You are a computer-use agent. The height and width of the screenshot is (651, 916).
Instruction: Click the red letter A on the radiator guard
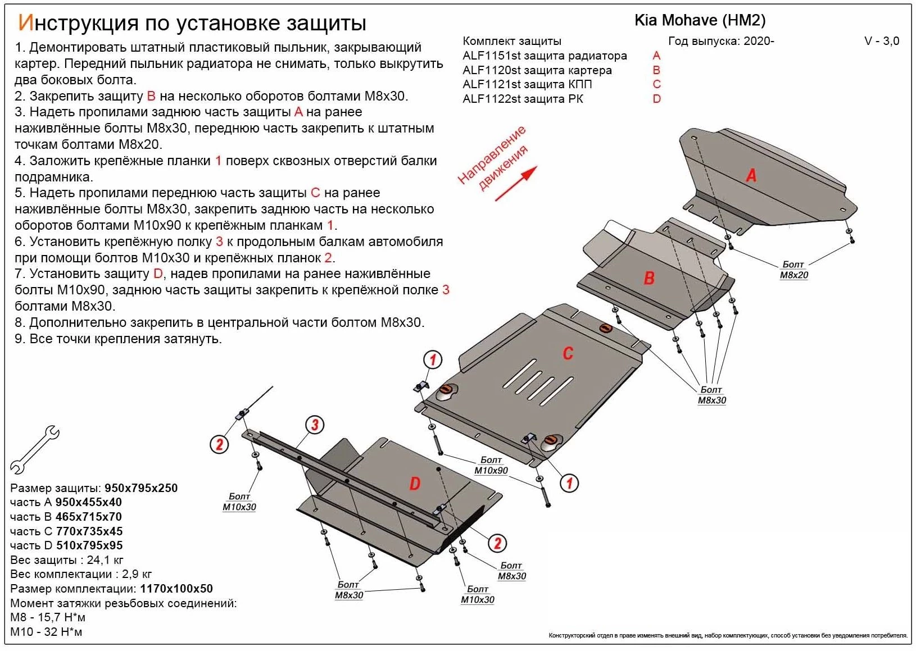[x=751, y=176]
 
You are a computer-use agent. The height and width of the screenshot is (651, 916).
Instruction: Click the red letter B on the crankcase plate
[x=649, y=278]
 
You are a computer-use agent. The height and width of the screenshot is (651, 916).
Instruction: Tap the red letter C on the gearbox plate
[x=568, y=353]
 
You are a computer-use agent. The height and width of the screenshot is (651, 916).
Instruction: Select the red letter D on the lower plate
[x=415, y=484]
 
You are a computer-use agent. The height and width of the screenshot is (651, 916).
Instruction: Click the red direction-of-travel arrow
[x=516, y=184]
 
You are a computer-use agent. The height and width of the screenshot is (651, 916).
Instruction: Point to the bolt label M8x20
[x=793, y=275]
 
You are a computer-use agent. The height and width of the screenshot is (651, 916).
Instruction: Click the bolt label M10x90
[x=491, y=471]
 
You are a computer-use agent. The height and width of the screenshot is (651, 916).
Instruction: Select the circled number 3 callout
[x=315, y=425]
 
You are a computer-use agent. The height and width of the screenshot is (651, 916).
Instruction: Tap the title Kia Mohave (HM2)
[x=700, y=21]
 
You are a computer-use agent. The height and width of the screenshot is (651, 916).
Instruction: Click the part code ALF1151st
[x=486, y=56]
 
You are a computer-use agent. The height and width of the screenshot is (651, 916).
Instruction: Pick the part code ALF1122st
[x=486, y=99]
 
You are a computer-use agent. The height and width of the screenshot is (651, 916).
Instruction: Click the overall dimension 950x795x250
[x=141, y=488]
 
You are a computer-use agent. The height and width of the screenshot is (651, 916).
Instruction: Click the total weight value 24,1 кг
[x=105, y=560]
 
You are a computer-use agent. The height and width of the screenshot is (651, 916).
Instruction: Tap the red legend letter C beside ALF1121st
[x=656, y=84]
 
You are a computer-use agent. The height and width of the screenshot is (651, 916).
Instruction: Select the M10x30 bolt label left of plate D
[x=239, y=507]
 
